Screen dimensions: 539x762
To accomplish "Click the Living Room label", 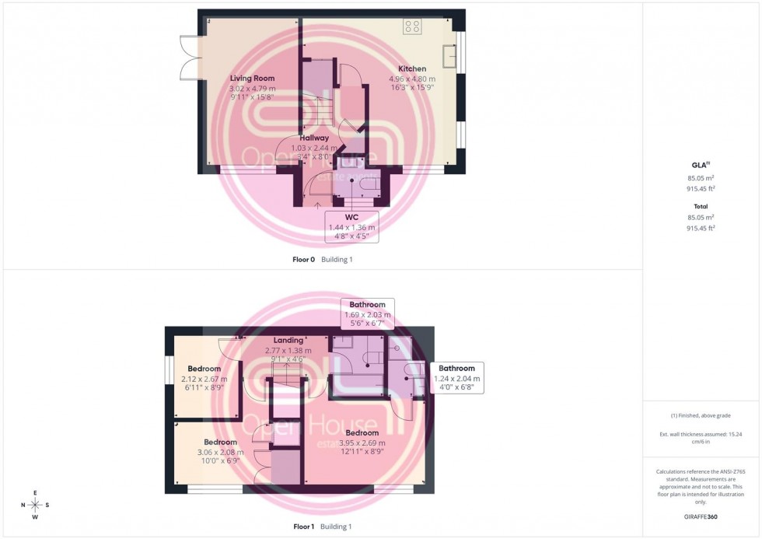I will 252,79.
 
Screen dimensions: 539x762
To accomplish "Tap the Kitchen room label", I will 411,69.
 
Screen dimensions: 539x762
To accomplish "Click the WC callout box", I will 351,226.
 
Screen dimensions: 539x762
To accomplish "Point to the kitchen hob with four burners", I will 412,26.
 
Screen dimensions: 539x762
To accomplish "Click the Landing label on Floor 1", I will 288,341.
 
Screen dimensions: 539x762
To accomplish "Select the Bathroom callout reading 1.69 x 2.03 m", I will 367,314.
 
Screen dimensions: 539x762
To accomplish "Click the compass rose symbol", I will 35,505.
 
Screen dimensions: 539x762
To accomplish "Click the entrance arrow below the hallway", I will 317,205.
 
